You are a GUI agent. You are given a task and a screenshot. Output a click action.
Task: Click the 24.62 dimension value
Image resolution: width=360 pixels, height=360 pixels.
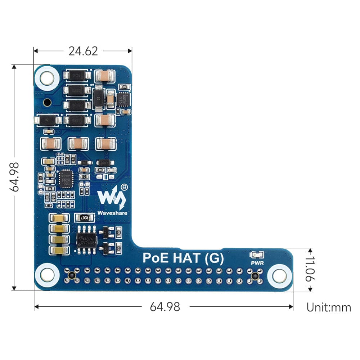(x=83, y=51)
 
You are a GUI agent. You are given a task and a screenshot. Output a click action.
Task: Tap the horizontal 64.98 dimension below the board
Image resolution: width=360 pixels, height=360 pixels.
(x=165, y=307)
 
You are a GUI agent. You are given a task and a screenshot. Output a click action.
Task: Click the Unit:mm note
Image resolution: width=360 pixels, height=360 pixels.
(x=328, y=307)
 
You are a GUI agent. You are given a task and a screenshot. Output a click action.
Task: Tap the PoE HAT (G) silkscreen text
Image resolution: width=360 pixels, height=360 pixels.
(x=183, y=258)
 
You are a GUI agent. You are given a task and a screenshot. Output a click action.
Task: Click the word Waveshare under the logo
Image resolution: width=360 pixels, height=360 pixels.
(x=112, y=213)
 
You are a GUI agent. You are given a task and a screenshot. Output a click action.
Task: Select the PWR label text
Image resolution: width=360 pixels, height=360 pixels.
(x=257, y=263)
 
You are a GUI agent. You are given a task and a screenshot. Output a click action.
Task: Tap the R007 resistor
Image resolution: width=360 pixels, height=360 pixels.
(x=84, y=217)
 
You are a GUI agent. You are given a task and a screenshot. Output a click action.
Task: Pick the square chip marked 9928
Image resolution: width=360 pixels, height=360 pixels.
(x=66, y=178)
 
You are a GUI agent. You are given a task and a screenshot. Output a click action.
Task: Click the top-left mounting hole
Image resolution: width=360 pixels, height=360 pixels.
(x=47, y=77)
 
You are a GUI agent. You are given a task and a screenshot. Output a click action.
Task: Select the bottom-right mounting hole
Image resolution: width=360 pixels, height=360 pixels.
(x=279, y=276)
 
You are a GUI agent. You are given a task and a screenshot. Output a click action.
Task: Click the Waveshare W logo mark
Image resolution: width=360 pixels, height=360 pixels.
(x=111, y=197)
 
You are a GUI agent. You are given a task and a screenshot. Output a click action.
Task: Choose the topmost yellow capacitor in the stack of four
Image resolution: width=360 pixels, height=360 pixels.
(x=59, y=218)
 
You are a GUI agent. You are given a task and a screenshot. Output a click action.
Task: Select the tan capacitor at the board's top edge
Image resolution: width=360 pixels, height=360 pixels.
(x=105, y=76)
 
